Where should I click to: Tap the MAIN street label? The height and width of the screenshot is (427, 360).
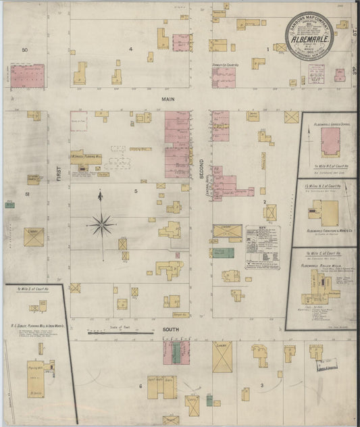(x=168, y=99)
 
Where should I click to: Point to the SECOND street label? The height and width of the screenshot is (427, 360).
(x=201, y=164)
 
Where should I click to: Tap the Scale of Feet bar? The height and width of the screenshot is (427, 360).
(x=120, y=332)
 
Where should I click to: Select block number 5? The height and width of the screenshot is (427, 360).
(x=136, y=192)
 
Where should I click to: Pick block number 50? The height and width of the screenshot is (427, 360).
(x=25, y=50)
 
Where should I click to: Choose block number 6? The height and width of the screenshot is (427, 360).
(x=140, y=386)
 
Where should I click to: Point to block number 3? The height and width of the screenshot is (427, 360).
(x=261, y=386)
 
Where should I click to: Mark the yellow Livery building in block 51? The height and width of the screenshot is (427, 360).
(x=33, y=236)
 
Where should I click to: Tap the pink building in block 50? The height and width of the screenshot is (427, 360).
(x=27, y=76)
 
